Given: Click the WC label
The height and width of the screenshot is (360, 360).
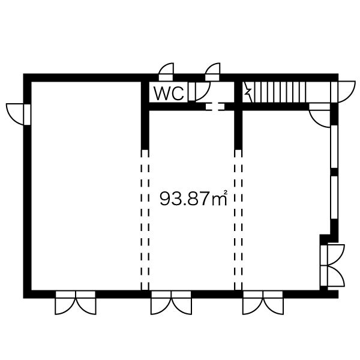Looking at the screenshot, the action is (x=169, y=94).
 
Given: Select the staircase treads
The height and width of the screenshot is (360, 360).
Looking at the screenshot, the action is (x=280, y=92).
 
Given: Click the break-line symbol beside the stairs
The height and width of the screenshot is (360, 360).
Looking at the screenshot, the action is (x=248, y=92).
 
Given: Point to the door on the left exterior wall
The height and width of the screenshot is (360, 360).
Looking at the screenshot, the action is (x=19, y=115).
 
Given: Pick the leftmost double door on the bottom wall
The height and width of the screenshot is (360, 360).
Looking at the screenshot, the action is (x=76, y=302).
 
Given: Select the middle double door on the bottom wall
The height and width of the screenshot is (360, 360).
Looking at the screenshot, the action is (x=171, y=302).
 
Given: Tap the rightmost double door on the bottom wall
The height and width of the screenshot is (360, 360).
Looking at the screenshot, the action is (x=263, y=302).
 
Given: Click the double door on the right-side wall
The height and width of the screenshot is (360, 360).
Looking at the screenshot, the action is (x=332, y=266).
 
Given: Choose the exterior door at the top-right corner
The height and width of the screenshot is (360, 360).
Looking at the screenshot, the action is (x=343, y=92).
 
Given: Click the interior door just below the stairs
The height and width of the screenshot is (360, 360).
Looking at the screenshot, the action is (x=320, y=115).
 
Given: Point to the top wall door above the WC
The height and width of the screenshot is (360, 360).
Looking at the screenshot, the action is (x=166, y=72).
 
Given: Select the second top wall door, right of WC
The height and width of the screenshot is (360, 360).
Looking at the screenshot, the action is (x=212, y=72).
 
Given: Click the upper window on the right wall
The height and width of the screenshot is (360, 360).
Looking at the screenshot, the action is (x=334, y=147).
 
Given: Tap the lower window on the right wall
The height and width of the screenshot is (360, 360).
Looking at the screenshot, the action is (x=334, y=197).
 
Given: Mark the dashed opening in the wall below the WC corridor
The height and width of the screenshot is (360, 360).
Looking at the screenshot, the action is (x=215, y=107).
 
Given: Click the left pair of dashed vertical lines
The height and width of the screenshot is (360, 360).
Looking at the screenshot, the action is (x=145, y=220).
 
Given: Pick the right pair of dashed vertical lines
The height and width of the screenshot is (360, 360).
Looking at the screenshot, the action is (x=238, y=220).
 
